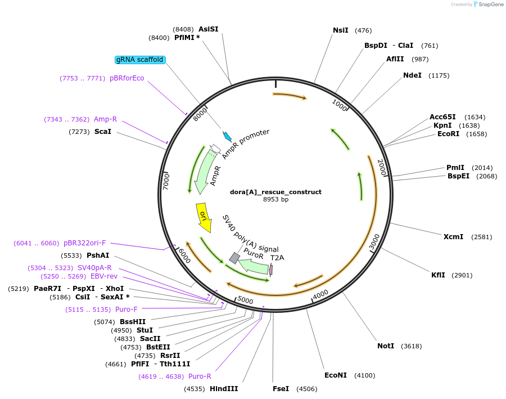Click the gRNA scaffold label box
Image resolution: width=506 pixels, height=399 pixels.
coord(140,60)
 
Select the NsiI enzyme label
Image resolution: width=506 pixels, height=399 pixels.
coord(341,30)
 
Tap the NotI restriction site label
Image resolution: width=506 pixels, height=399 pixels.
coord(386,346)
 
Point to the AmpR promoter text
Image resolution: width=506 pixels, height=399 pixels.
coord(246,144)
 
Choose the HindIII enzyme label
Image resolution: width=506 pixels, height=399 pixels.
coord(224,388)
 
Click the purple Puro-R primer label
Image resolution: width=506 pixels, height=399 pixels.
coord(200,376)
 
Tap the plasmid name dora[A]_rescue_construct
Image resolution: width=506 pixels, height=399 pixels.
coord(275,192)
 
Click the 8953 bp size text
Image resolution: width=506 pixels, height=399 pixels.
coord(275,199)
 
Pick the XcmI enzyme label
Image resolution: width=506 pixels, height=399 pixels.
coord(453,237)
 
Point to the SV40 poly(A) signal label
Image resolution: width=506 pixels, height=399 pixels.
coord(250,234)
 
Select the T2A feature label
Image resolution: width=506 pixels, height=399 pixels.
coord(277,258)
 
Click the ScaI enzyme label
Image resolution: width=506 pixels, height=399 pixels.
coord(103,132)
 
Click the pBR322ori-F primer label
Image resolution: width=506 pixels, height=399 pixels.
coord(84,243)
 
